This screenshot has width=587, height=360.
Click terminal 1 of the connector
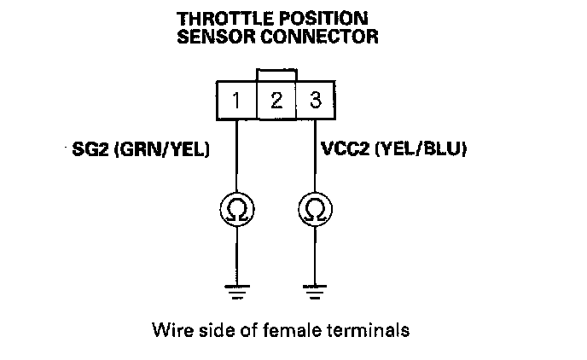236,100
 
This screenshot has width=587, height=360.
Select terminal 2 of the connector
276,101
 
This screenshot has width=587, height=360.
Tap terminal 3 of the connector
315,100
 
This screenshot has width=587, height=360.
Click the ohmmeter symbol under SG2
236,207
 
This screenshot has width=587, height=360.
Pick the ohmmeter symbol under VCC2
315,207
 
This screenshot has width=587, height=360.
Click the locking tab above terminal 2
276,74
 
